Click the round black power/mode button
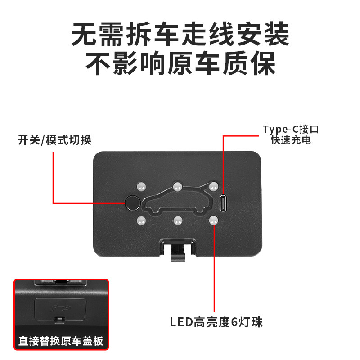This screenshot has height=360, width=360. point(132,203)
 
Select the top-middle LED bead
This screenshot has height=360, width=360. point(177,185)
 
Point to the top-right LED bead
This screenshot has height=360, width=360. point(213,185)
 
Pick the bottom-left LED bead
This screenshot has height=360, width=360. point(141,220)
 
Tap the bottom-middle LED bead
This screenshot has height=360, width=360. point(178,220)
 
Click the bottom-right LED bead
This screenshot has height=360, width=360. point(214,220)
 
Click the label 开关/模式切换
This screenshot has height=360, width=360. point(54,140)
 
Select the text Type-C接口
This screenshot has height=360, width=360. point(291,130)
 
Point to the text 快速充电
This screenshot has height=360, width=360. point(291,140)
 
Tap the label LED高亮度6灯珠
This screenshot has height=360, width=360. point(216,322)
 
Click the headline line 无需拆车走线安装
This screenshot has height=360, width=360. point(180,34)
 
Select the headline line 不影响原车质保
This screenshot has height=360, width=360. point(180,64)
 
